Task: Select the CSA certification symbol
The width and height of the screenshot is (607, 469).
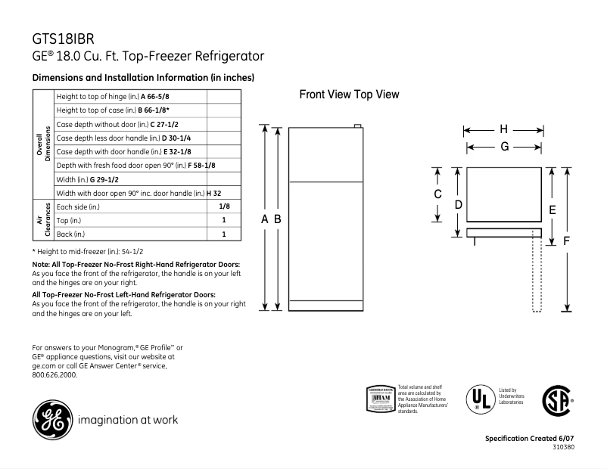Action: (x=556, y=399)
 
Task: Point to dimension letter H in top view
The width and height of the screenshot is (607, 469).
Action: (x=503, y=129)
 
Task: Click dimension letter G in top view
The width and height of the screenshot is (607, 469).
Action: (x=503, y=147)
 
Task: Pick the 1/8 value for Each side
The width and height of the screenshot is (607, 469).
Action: (x=224, y=206)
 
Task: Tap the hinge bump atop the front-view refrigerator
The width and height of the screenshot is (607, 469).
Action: (x=355, y=126)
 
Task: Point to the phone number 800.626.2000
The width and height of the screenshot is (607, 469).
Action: (x=54, y=374)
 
